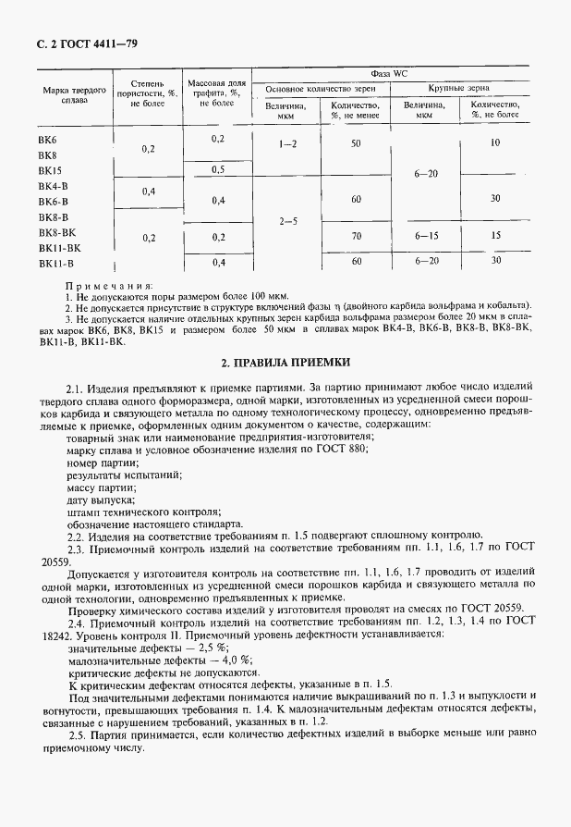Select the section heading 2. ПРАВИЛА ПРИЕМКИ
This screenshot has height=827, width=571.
[x=285, y=364]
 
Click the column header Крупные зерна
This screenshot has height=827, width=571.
[x=458, y=89]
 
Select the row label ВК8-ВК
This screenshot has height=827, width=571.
[x=57, y=232]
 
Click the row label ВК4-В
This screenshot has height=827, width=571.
[x=53, y=186]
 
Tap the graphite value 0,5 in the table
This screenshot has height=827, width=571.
[x=217, y=169]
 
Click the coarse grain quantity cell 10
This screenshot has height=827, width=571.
[x=495, y=142]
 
